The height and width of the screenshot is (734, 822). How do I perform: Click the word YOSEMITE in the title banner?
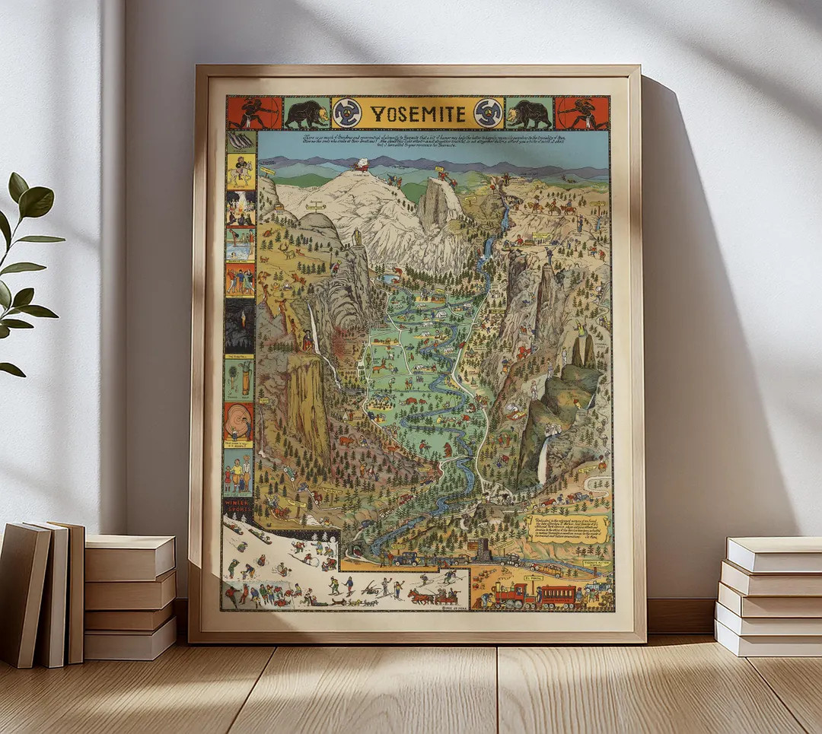click(418, 114)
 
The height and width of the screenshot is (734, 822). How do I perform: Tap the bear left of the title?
click(307, 113)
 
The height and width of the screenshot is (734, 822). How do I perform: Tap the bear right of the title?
click(529, 113)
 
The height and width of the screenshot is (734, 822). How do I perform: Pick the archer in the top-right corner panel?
click(581, 113)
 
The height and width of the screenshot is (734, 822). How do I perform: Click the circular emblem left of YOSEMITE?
click(347, 113)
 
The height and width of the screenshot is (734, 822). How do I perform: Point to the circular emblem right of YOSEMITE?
click(488, 113)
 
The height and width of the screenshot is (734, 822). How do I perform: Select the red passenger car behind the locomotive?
click(559, 596)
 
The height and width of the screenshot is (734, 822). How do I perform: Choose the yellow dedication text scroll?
click(567, 527)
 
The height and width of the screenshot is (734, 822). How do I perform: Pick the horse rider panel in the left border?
click(241, 172)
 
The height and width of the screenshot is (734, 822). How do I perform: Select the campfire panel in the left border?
click(241, 208)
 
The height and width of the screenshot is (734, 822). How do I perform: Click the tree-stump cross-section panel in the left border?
click(239, 421)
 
